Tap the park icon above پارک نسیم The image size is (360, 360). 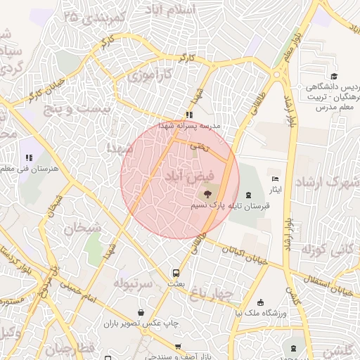pyautogui.click(x=209, y=193)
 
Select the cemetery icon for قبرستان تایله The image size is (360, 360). pyautogui.click(x=248, y=195)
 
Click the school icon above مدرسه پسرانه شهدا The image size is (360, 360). pyautogui.click(x=188, y=115)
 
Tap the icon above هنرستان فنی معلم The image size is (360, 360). pyautogui.click(x=29, y=157)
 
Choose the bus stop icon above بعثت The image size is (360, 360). pyautogui.click(x=176, y=272)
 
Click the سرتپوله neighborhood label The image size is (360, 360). pyautogui.click(x=134, y=284)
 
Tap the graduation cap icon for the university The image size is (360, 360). pyautogui.click(x=334, y=77)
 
